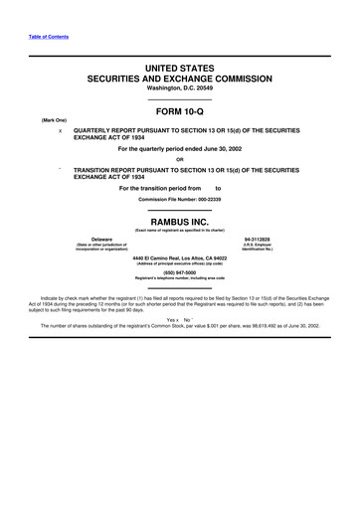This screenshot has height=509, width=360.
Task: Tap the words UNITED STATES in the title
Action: (x=180, y=65)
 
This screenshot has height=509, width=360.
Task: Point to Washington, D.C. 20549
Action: (x=180, y=86)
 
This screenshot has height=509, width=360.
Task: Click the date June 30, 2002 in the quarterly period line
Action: (x=221, y=149)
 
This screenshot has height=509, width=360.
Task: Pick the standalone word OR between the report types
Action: (x=180, y=159)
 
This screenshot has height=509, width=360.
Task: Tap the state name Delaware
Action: (x=100, y=240)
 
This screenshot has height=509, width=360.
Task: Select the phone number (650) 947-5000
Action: (x=180, y=271)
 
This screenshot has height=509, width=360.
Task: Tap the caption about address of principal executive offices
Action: (x=180, y=263)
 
